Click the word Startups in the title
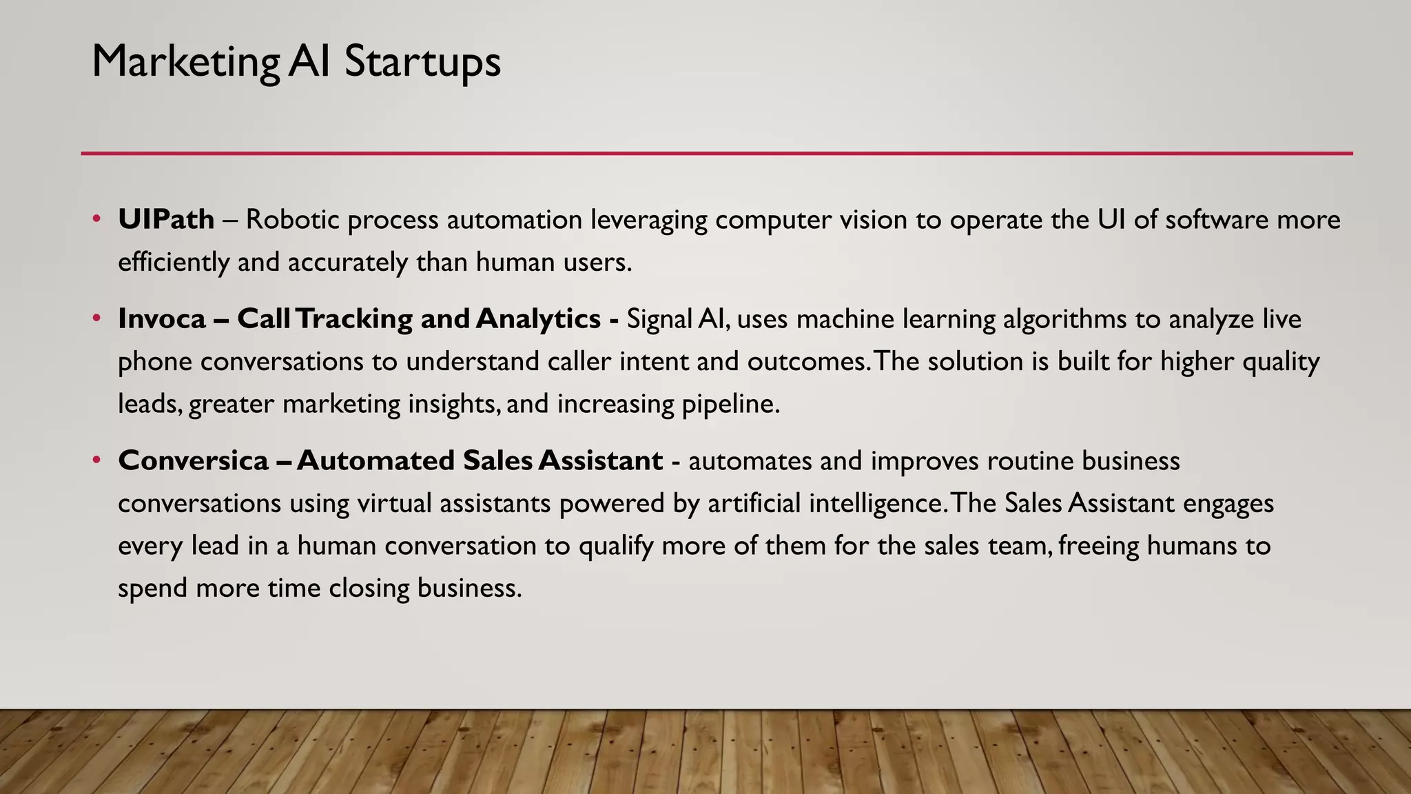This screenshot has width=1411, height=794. pos(422,62)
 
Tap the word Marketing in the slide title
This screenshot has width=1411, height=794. pos(185,62)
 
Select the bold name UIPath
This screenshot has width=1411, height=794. pos(166,220)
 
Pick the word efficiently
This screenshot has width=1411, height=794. pos(173,263)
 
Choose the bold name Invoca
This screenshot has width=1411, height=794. pos(162,319)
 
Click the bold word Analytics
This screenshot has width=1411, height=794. pos(537,319)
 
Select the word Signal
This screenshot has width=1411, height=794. pos(659,319)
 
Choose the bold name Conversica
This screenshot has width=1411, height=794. pos(193,461)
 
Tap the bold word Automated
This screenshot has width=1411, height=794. pos(375,461)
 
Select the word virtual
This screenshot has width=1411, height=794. pos(395,504)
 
